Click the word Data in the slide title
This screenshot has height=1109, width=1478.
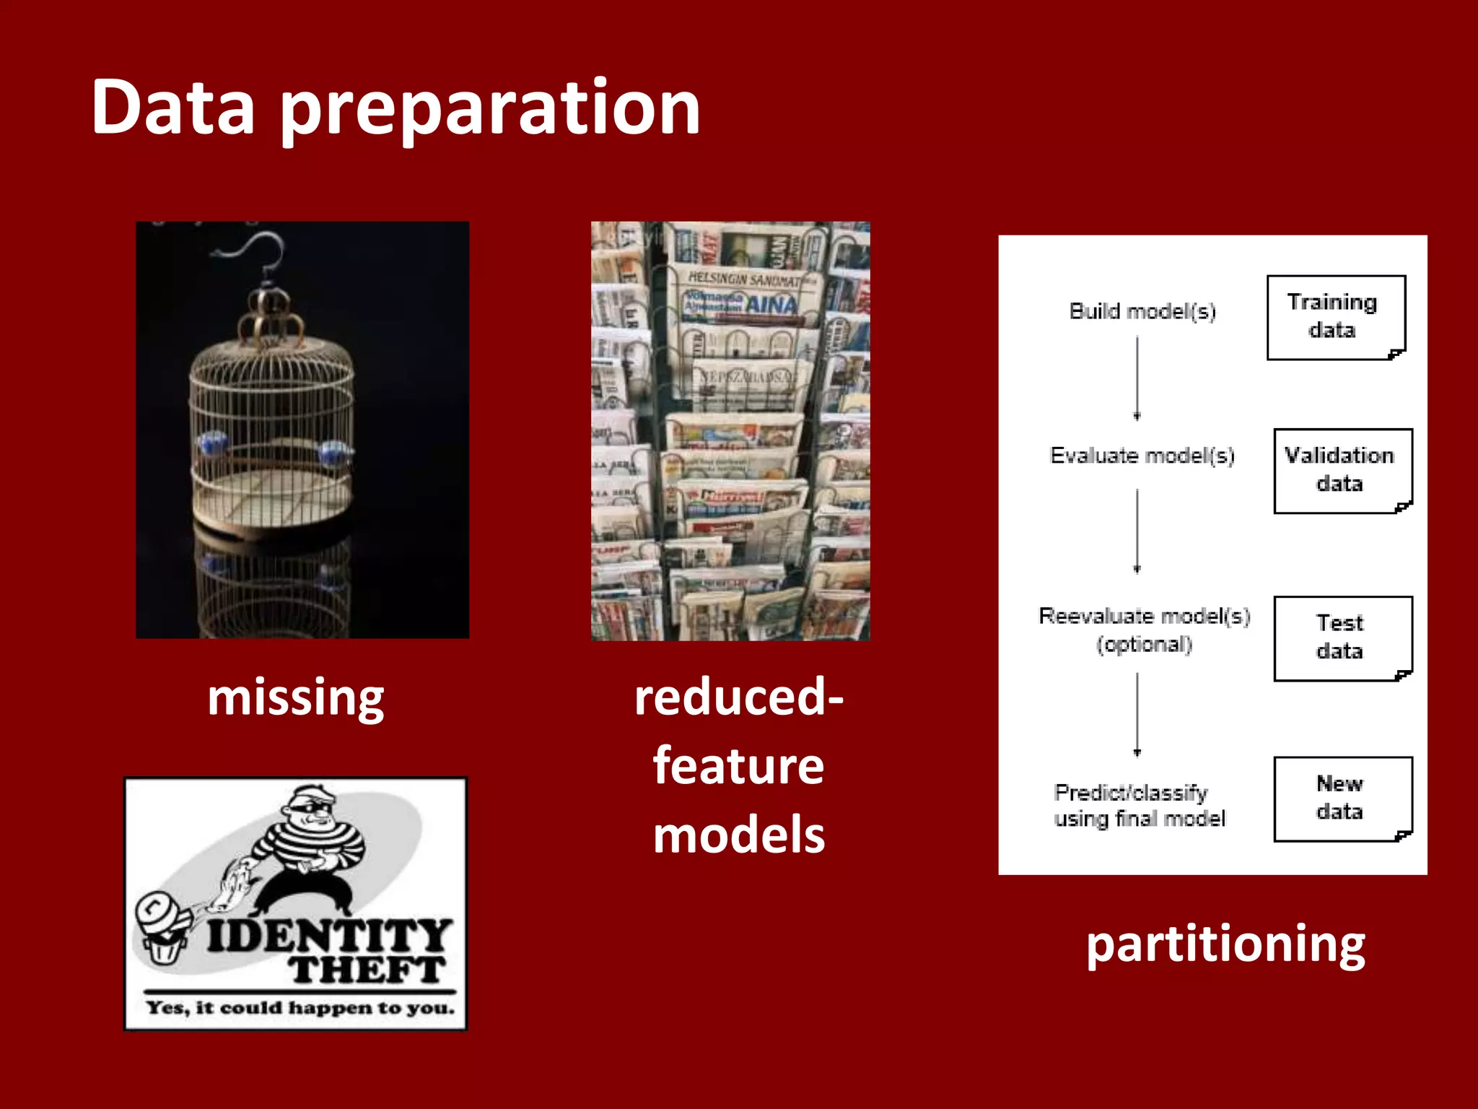click(173, 108)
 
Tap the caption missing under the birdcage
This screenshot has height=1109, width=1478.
click(296, 699)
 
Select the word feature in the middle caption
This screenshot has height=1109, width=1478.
click(738, 766)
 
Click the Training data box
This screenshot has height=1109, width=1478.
click(1335, 317)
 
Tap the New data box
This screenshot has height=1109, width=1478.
click(1342, 799)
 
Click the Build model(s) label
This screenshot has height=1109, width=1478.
click(1142, 311)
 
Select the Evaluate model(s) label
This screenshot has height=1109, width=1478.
click(1142, 456)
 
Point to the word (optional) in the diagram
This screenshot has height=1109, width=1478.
click(1145, 644)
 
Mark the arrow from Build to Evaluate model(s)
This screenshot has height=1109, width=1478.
click(1137, 378)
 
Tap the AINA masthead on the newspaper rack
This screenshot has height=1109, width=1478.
click(771, 305)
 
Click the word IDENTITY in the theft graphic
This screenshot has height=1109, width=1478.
click(329, 936)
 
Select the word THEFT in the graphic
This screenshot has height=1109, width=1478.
click(368, 970)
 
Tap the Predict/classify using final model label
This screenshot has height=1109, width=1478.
click(1139, 806)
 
